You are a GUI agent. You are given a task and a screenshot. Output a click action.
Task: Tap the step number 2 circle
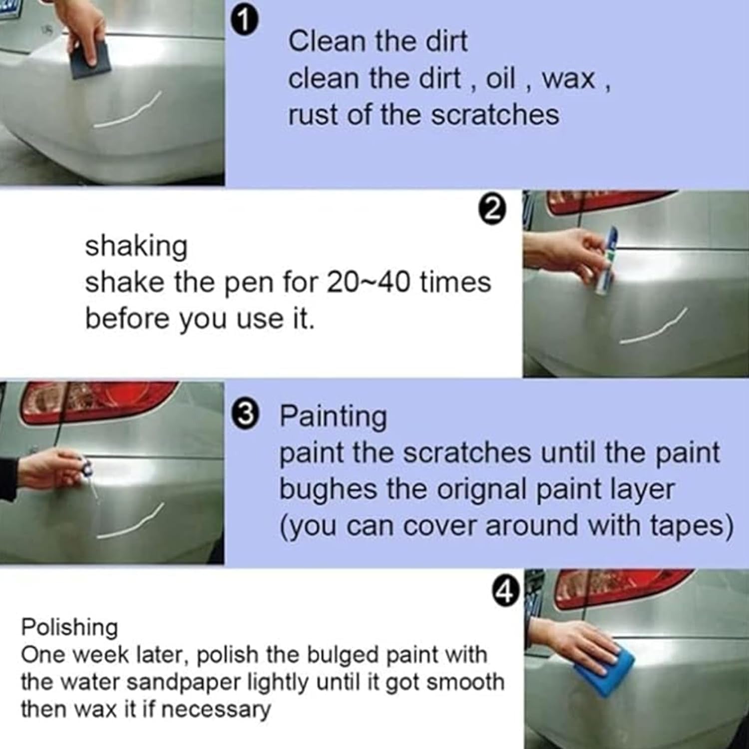(492, 210)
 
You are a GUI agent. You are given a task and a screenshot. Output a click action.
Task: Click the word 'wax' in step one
(569, 79)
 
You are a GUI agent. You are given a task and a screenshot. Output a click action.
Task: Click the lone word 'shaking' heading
(136, 247)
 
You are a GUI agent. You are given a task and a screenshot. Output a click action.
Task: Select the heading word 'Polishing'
(69, 628)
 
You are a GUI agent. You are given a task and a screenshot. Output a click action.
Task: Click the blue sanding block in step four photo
(603, 670)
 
